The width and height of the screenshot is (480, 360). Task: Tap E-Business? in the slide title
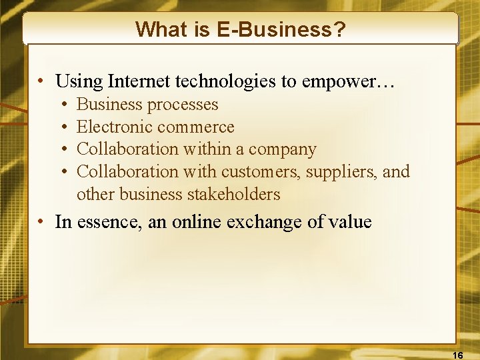279,29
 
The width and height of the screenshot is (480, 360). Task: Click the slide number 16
457,353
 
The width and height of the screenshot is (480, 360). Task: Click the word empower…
348,81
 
